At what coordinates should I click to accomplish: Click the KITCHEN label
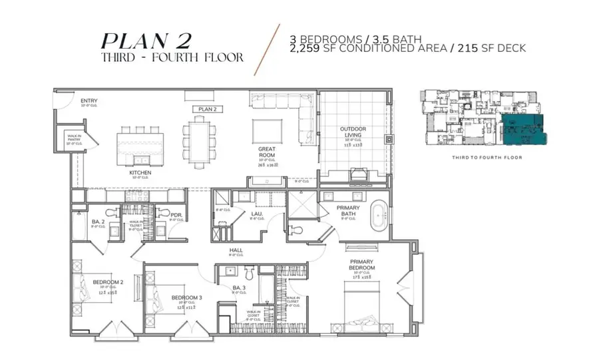click(x=140, y=173)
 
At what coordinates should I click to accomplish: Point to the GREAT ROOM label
click(x=268, y=152)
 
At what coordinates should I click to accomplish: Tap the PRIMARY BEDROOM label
click(x=362, y=264)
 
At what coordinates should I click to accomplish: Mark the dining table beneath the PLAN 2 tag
click(x=199, y=138)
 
